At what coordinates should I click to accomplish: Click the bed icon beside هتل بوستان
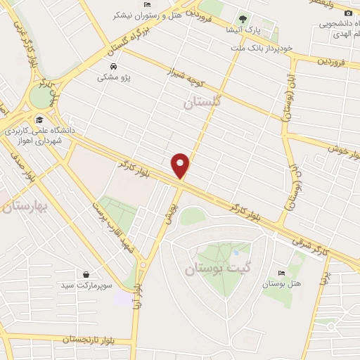(282, 274)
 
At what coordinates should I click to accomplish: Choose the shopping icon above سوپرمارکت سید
(86, 274)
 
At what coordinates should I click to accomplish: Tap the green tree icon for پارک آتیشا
(243, 19)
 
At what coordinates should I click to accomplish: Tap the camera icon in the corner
(349, 13)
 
